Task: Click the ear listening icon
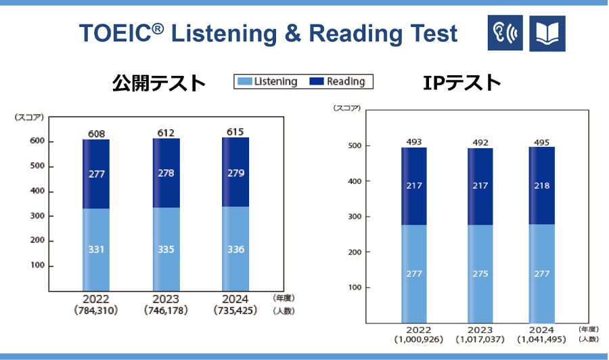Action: (x=505, y=33)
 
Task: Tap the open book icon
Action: (x=547, y=33)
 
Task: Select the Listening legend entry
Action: (x=268, y=82)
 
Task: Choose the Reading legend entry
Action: (x=338, y=82)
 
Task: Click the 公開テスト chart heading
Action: (x=159, y=83)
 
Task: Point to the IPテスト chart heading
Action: (x=462, y=83)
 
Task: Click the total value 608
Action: (x=96, y=133)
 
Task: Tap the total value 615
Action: (x=235, y=131)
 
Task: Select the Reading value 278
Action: (x=166, y=174)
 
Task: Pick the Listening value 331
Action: (x=96, y=249)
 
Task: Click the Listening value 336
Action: (x=235, y=249)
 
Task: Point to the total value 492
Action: (x=480, y=142)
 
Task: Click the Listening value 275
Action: (x=480, y=273)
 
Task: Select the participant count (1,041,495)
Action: (x=541, y=338)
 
